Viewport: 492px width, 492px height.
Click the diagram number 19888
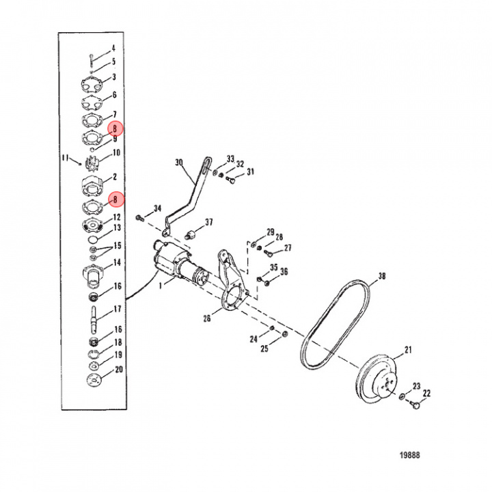(x=409, y=455)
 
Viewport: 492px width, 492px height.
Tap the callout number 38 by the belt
(x=382, y=276)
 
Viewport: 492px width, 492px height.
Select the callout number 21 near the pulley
(x=408, y=350)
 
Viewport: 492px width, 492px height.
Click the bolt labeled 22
(x=415, y=405)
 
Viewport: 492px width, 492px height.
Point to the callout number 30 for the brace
(x=179, y=163)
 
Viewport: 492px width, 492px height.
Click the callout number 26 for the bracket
(x=207, y=318)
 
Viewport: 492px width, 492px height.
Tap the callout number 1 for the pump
(x=161, y=286)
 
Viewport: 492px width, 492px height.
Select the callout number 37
(x=209, y=222)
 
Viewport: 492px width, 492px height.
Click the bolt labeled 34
(x=139, y=218)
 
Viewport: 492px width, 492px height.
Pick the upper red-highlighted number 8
(x=115, y=128)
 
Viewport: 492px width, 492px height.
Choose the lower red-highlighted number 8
(x=115, y=200)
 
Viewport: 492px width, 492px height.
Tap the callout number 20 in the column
(x=119, y=369)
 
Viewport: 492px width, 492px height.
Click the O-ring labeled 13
(x=94, y=240)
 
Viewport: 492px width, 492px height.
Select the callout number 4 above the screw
(x=113, y=48)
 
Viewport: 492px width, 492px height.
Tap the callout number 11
(x=65, y=158)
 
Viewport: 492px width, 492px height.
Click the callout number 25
(x=264, y=348)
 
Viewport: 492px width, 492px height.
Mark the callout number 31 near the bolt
(x=250, y=172)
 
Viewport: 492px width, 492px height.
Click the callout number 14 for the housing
(x=117, y=262)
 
